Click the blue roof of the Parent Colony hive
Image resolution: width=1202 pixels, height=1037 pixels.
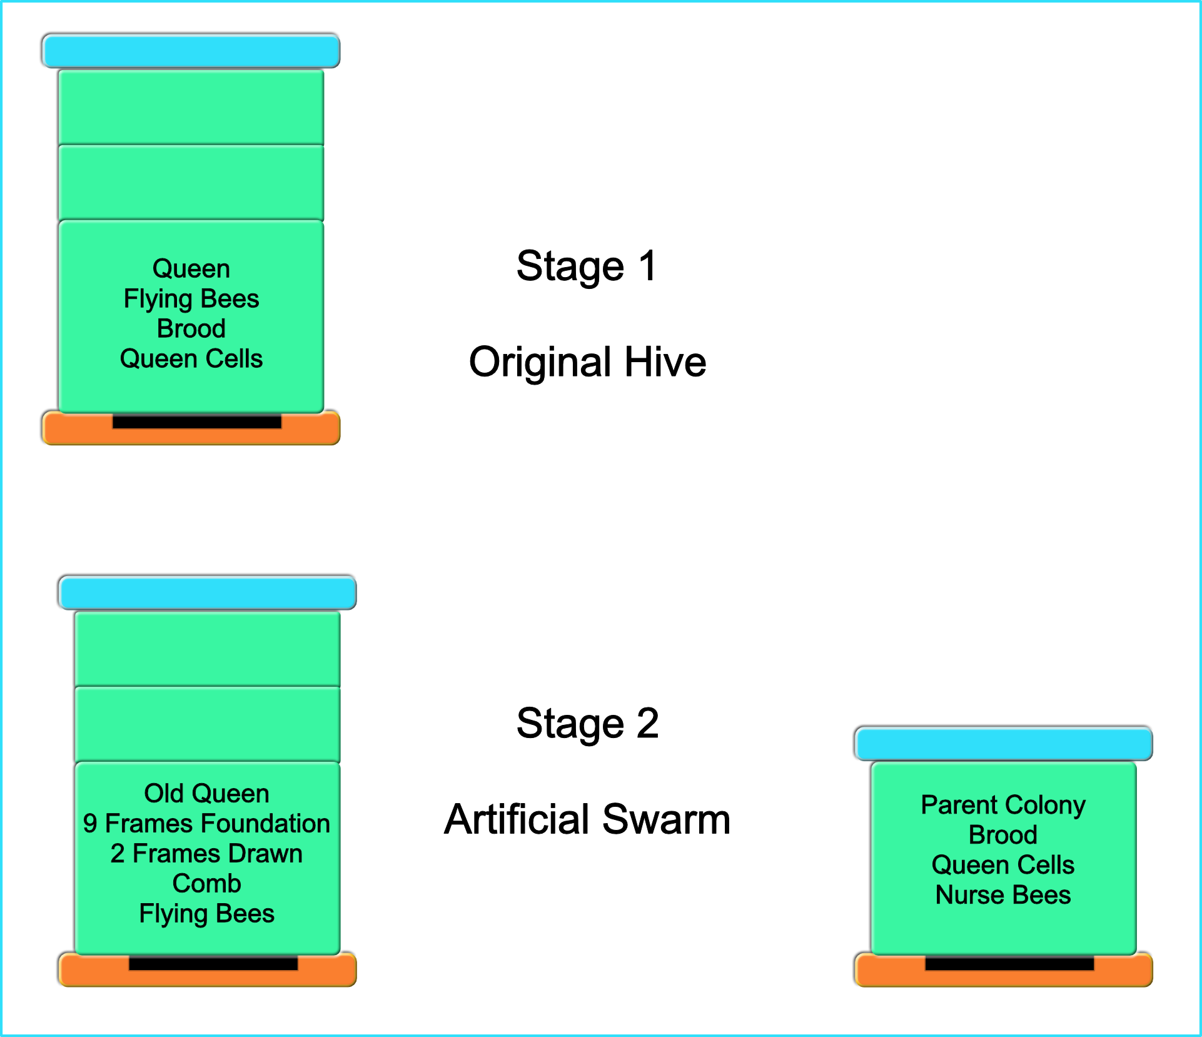click(1004, 744)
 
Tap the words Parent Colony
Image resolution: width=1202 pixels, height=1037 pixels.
click(1003, 805)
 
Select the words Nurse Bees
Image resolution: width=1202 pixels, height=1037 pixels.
click(1003, 895)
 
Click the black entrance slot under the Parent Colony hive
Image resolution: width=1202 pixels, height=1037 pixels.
click(1009, 964)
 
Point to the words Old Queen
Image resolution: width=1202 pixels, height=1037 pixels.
click(206, 793)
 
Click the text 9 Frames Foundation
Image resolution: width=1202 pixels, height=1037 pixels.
click(206, 823)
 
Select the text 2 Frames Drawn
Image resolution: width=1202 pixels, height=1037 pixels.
click(206, 854)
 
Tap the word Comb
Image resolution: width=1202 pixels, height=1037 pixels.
click(206, 884)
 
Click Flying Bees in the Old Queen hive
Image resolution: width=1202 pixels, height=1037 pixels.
click(206, 914)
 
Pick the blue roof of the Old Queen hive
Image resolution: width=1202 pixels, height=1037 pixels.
click(208, 592)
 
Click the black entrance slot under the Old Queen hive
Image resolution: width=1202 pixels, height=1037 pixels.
click(213, 964)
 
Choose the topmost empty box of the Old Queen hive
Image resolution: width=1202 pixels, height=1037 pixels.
click(208, 649)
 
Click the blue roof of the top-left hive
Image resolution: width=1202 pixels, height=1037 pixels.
click(191, 51)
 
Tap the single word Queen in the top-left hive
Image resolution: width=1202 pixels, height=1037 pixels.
click(191, 269)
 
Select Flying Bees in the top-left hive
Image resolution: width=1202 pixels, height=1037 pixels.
click(191, 299)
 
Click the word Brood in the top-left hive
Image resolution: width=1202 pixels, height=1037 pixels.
click(191, 329)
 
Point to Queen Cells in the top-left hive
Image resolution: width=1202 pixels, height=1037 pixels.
click(191, 359)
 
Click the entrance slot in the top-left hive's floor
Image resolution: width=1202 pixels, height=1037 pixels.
click(197, 422)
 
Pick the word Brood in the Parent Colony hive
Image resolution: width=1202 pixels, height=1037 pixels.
click(1003, 835)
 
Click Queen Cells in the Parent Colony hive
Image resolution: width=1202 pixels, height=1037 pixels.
click(1003, 865)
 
